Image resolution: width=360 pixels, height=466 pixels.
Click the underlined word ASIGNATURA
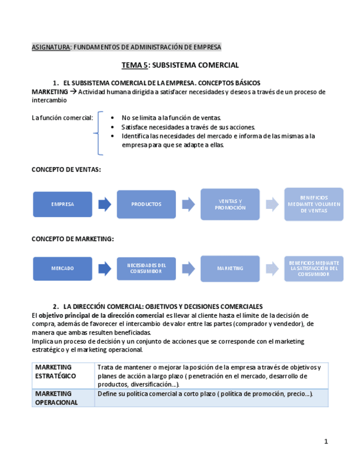(51, 47)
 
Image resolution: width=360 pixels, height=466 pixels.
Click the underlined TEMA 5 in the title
(135, 65)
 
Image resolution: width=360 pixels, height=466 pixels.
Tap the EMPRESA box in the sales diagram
(63, 204)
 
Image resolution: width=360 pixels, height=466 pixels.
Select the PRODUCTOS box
(146, 204)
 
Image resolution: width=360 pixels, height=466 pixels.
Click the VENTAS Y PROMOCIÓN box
(230, 204)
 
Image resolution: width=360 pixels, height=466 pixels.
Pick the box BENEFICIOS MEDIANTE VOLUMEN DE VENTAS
(314, 204)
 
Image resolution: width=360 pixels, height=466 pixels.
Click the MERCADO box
(63, 269)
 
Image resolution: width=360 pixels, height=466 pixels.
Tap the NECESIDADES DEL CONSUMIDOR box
(146, 269)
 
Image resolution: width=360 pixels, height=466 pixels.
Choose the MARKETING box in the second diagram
(230, 269)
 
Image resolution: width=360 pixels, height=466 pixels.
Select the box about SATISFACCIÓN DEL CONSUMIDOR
(314, 269)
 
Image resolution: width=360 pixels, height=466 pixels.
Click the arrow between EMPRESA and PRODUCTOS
(104, 204)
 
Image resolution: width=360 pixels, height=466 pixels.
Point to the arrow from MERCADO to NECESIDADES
(104, 269)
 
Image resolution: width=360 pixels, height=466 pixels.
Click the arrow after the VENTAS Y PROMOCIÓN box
(272, 204)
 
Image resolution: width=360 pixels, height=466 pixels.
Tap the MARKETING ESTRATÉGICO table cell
(63, 376)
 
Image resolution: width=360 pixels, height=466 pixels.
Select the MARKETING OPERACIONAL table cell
(63, 398)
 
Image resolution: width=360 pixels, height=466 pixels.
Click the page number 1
(326, 441)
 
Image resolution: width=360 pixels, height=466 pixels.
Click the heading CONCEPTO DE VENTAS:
(67, 169)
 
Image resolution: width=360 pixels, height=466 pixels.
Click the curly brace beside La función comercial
(99, 134)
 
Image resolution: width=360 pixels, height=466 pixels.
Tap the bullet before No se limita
(113, 118)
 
